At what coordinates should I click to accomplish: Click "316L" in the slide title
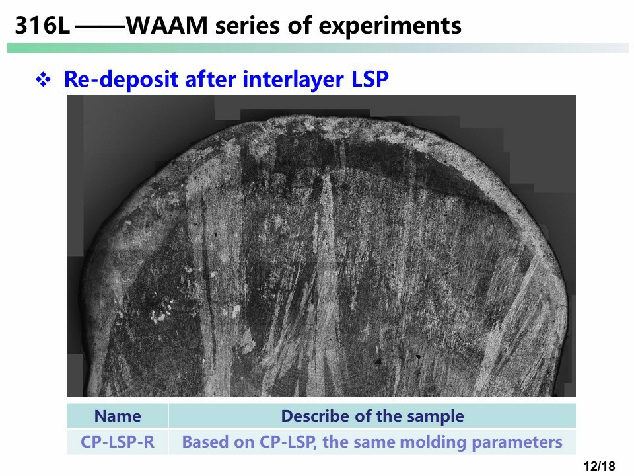pos(42,26)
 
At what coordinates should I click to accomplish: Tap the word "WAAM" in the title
pos(167,26)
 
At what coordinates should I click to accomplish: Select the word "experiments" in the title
pos(390,26)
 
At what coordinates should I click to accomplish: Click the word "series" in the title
pos(247,26)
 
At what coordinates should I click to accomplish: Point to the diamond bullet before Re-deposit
pos(44,79)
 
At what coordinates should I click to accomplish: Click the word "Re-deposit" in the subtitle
pos(121,79)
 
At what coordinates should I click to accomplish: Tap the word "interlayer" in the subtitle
pos(293,79)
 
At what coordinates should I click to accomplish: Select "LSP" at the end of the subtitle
pos(370,79)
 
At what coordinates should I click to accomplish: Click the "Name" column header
pos(118,416)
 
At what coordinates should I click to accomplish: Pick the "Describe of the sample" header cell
pos(372,416)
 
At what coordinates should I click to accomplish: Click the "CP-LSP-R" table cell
pos(118,442)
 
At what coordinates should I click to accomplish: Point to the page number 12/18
pos(600,466)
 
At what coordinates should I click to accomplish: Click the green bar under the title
pos(318,48)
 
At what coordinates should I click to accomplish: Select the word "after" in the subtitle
pos(210,79)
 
